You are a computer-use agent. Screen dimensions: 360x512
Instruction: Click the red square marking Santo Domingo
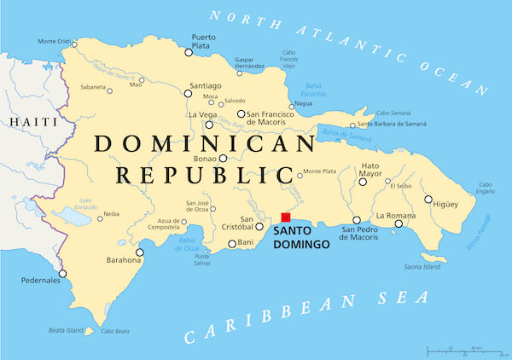(286, 218)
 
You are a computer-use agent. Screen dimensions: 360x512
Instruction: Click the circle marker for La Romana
(398, 224)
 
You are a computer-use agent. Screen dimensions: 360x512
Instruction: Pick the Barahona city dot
(140, 253)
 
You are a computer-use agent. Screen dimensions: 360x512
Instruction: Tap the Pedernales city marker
(62, 274)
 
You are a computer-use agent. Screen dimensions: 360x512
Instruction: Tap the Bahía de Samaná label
(348, 134)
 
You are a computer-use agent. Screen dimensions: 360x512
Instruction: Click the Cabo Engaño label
(486, 188)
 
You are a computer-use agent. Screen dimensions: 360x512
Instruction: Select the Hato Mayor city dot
(363, 182)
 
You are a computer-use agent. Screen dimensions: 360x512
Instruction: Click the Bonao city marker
(223, 158)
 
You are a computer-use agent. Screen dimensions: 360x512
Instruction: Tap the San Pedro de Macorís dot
(357, 221)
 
